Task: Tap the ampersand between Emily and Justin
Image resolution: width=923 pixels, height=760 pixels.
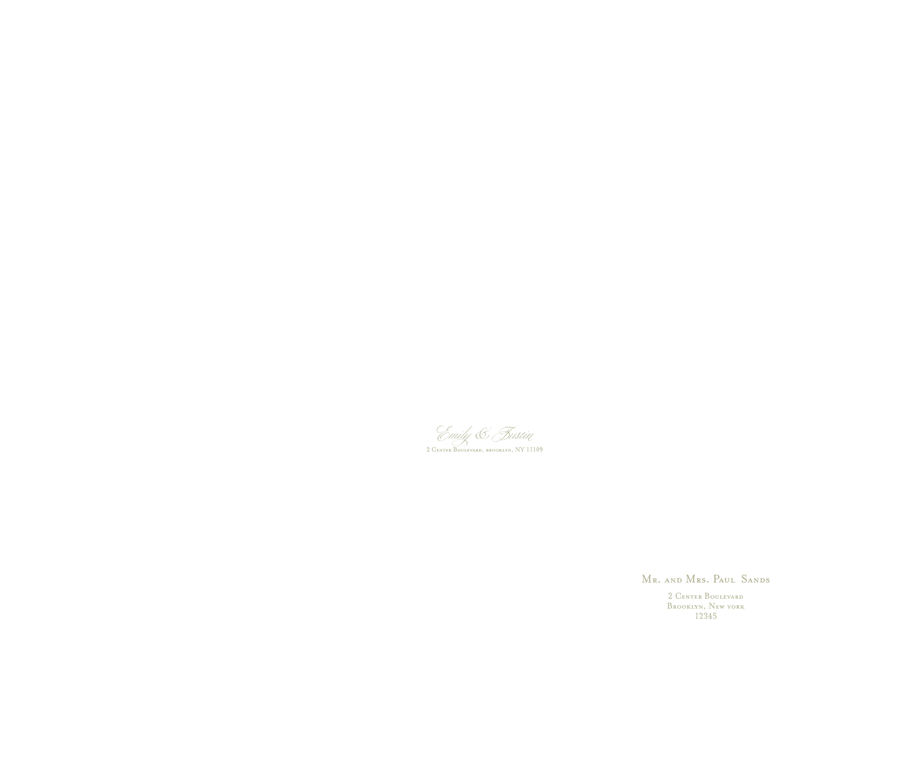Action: (x=482, y=434)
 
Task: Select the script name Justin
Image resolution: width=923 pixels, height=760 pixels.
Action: (x=513, y=434)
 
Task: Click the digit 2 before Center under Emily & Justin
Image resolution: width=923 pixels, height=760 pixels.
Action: (x=428, y=449)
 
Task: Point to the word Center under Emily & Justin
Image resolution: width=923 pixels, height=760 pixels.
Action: (x=442, y=449)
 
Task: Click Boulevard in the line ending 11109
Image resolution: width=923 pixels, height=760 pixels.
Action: (x=468, y=449)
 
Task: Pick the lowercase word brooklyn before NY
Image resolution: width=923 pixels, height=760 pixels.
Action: (x=498, y=450)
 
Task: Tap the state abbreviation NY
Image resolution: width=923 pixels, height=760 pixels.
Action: (x=519, y=449)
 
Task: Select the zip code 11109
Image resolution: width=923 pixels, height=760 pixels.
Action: (x=534, y=449)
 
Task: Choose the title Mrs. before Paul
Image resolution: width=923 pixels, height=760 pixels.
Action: (x=697, y=579)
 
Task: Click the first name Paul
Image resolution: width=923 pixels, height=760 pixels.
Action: (x=724, y=579)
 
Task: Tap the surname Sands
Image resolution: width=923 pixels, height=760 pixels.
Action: (x=755, y=579)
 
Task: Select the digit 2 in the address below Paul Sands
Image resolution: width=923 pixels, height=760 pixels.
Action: (x=670, y=596)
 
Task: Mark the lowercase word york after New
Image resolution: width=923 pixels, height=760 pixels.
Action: (x=736, y=607)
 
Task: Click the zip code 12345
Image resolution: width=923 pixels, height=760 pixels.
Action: (x=706, y=616)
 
